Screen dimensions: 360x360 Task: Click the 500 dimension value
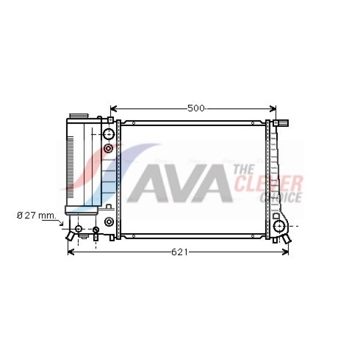pyautogui.click(x=196, y=108)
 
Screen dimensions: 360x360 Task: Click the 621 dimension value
pyautogui.click(x=180, y=252)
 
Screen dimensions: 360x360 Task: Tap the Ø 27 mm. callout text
pyautogui.click(x=36, y=216)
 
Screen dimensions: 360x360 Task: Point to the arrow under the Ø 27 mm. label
pyautogui.click(x=53, y=221)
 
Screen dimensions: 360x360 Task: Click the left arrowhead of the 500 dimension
pyautogui.click(x=113, y=108)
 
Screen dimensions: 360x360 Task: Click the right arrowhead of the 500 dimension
pyautogui.click(x=273, y=108)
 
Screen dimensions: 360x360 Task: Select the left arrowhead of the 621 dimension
pyautogui.click(x=71, y=252)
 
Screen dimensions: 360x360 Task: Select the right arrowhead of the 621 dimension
pyautogui.click(x=285, y=252)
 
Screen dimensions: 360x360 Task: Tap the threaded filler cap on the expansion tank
pyautogui.click(x=78, y=116)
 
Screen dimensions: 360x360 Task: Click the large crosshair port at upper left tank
pyautogui.click(x=108, y=134)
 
